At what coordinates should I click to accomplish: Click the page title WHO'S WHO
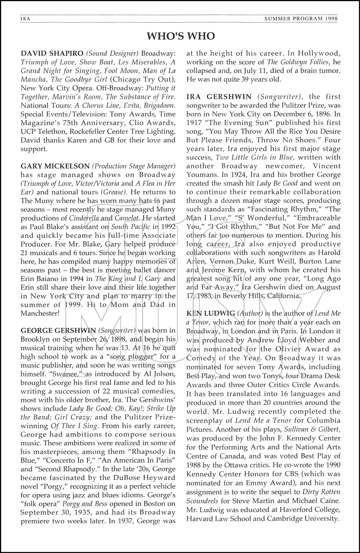tap(181, 36)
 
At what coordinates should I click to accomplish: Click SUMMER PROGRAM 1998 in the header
tap(307, 19)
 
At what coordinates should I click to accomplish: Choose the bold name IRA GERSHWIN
tap(219, 97)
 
